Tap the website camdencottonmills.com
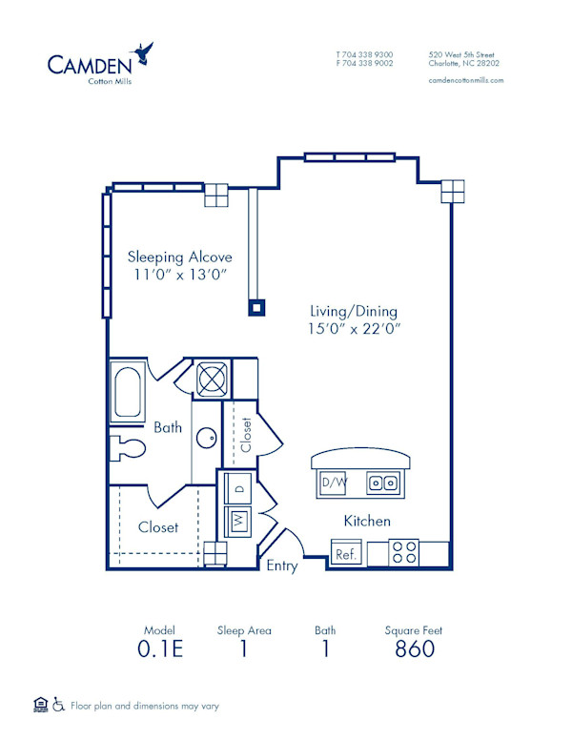click(466, 80)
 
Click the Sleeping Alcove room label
click(180, 257)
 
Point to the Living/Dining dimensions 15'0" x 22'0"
click(354, 329)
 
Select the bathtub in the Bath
click(127, 391)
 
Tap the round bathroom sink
click(206, 439)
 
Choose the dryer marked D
click(237, 487)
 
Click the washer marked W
click(237, 523)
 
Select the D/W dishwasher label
click(334, 483)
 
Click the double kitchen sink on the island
click(384, 483)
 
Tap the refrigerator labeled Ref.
click(346, 554)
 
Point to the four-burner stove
click(404, 553)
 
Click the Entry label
click(281, 565)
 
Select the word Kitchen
click(367, 521)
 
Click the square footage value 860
click(414, 649)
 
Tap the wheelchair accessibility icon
click(57, 706)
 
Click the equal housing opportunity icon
click(39, 706)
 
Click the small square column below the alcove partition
click(255, 307)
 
